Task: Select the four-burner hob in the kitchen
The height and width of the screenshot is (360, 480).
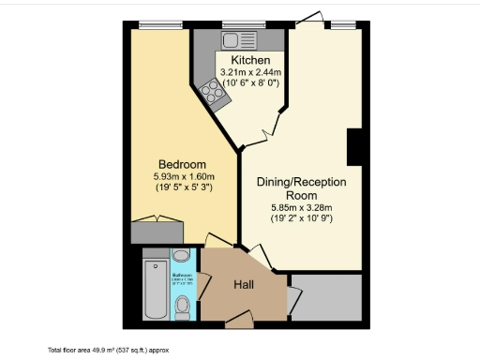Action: [x=211, y=92]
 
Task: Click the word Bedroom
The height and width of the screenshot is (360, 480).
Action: [x=181, y=165]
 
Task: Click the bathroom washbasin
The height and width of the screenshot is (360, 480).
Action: [x=182, y=256]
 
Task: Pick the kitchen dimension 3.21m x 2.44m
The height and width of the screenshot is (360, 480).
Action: [x=250, y=72]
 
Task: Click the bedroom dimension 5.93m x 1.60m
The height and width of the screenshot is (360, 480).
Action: [x=185, y=176]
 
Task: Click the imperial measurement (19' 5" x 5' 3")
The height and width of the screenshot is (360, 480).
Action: [x=185, y=187]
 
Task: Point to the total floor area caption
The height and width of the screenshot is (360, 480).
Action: [x=108, y=349]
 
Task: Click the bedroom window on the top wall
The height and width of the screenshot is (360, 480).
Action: [x=152, y=24]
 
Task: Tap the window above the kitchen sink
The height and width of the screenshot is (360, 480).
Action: [x=234, y=24]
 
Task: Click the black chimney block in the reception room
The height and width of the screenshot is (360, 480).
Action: [x=354, y=148]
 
